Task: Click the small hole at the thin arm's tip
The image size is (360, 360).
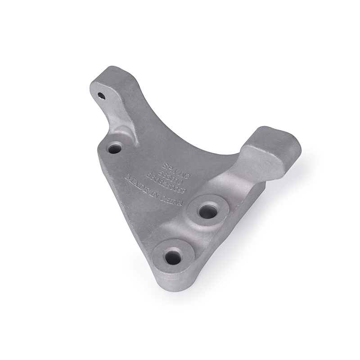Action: coord(101,96)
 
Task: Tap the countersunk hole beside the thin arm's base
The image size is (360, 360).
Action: coord(115,147)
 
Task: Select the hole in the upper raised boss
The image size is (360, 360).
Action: coord(207,211)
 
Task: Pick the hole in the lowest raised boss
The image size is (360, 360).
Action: coord(173,257)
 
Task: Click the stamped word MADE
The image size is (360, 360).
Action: coord(135,184)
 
